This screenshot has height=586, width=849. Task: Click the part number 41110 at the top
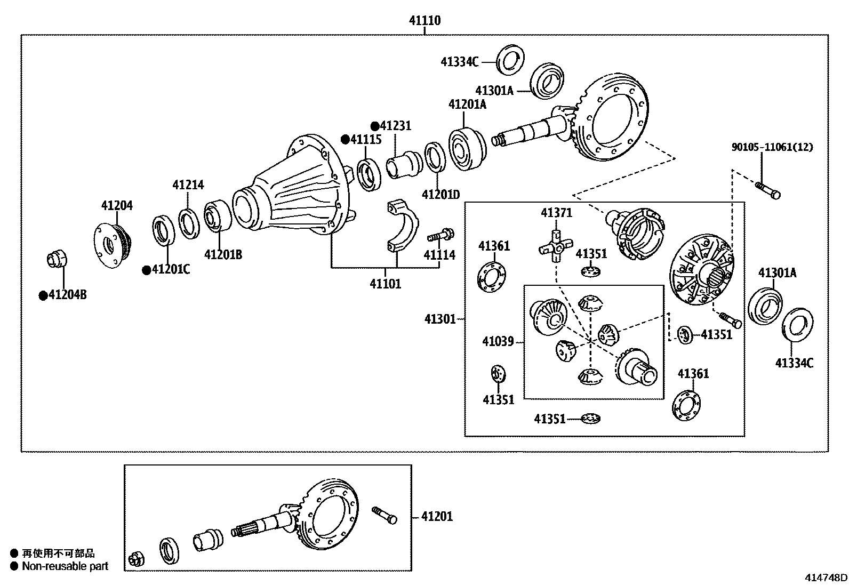point(424,21)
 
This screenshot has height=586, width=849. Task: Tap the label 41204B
point(67,295)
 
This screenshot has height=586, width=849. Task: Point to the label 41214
point(188,186)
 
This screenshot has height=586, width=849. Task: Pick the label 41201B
point(223,255)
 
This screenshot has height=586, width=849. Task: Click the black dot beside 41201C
point(146,270)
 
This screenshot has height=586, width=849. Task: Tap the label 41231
point(395,126)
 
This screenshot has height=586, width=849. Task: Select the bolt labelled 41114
point(440,235)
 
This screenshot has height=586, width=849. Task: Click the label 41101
point(386,284)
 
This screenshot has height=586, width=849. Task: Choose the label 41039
point(498,341)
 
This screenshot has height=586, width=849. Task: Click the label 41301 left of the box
point(440,319)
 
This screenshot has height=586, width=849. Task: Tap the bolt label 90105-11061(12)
point(772,147)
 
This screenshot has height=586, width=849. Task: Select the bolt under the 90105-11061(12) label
point(768,189)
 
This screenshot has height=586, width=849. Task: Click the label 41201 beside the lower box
point(437,516)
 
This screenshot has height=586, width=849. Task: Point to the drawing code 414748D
point(826,578)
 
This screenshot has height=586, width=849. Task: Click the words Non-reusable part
point(65,566)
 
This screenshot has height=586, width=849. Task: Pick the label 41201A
point(467,105)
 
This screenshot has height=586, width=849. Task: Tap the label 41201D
point(440,195)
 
